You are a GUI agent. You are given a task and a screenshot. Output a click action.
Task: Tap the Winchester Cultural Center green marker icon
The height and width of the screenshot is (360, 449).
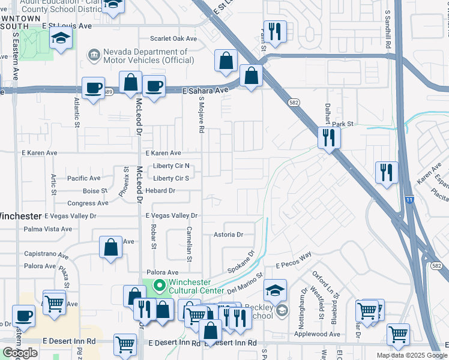click(159, 285)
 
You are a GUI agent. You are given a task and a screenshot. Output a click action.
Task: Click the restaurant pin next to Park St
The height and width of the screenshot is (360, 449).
click(328, 138)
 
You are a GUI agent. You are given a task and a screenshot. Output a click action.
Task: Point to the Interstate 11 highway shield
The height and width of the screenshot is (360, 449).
click(409, 215)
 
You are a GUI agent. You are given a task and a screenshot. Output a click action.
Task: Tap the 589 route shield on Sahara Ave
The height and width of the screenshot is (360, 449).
click(107, 92)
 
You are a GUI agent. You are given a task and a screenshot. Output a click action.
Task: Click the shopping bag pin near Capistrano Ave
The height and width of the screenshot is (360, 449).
click(111, 247)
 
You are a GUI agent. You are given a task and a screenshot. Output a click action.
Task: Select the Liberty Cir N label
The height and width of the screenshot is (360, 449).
click(171, 166)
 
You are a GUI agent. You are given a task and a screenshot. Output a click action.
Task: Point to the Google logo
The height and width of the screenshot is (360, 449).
click(20, 353)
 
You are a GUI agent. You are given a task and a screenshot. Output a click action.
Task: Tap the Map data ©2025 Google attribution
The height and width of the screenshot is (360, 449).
click(411, 355)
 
